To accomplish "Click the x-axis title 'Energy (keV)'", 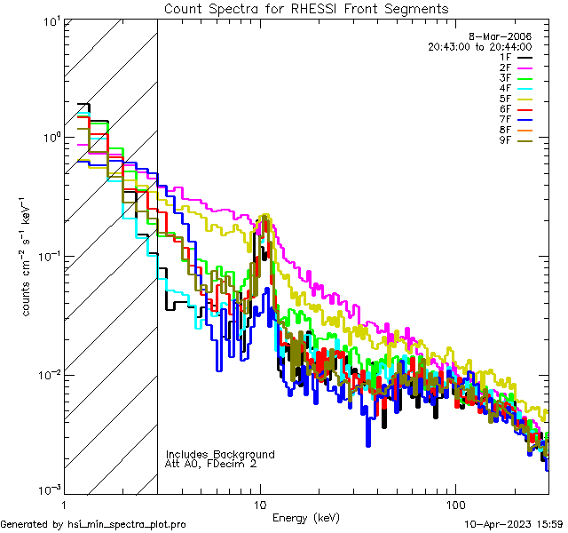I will coord(306,517).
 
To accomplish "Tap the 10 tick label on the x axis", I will coord(260,503).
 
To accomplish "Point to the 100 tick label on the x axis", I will coord(454,503).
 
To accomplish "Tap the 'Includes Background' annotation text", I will coord(220,454).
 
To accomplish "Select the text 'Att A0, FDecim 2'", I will coord(211,464).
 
